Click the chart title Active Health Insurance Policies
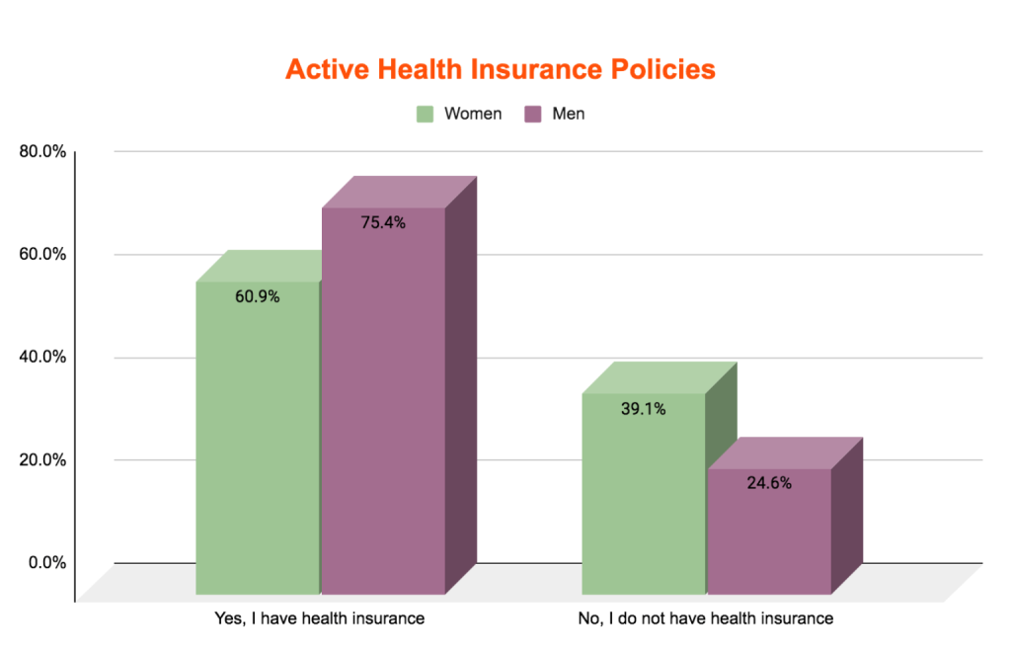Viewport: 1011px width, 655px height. [500, 69]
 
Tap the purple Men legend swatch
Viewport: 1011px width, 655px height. [533, 114]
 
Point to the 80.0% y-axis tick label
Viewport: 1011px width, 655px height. [41, 152]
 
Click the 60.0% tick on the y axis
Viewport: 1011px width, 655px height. [41, 255]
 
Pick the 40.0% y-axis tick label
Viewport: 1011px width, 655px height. [41, 358]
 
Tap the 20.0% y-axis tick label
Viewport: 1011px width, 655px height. [41, 460]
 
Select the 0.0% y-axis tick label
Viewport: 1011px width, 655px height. [45, 563]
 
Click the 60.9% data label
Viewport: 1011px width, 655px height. [258, 296]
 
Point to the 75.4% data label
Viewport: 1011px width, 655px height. [383, 222]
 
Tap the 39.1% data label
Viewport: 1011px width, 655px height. [644, 408]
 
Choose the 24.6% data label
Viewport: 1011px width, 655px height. [769, 483]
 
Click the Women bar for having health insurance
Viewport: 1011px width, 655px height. [258, 445]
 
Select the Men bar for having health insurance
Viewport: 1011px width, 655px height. [383, 415]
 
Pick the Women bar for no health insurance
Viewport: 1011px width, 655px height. [644, 504]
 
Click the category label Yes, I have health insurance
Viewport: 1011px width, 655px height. [320, 619]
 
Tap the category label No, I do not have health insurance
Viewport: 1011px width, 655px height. [706, 619]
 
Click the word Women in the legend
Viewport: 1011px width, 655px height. [473, 114]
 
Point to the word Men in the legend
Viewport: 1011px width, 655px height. [569, 114]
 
